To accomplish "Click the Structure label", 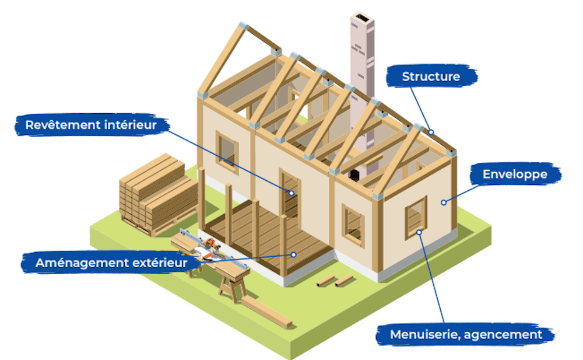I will click(431, 76).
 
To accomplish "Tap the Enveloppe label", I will click(515, 174).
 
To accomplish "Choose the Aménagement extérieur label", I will click(111, 263).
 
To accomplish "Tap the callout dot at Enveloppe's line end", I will click(444, 202).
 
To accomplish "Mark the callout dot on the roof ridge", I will click(431, 131).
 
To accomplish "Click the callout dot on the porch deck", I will click(294, 254).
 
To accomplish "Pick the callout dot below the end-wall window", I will click(419, 232).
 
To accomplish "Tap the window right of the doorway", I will click(353, 225).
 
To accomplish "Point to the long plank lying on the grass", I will click(266, 312).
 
